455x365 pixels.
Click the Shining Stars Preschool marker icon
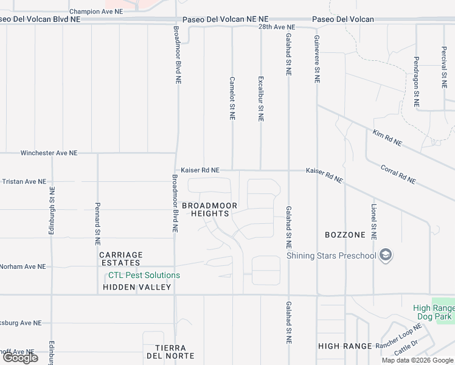pyautogui.click(x=384, y=255)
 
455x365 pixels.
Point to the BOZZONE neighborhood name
pyautogui.click(x=345, y=235)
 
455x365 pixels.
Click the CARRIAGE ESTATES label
pyautogui.click(x=120, y=259)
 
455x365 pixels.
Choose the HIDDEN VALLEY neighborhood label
pyautogui.click(x=137, y=287)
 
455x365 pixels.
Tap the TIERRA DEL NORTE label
pyautogui.click(x=170, y=352)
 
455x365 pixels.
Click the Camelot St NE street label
pyautogui.click(x=232, y=98)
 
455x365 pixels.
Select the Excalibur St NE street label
pyautogui.click(x=260, y=99)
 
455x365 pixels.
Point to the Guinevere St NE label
pyautogui.click(x=316, y=58)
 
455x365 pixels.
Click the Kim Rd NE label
pyautogui.click(x=387, y=137)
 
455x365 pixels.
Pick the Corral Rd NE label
pyautogui.click(x=398, y=174)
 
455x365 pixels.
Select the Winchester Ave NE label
pyautogui.click(x=49, y=153)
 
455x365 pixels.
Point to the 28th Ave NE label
pyautogui.click(x=276, y=27)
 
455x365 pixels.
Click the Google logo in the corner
pyautogui.click(x=20, y=358)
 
